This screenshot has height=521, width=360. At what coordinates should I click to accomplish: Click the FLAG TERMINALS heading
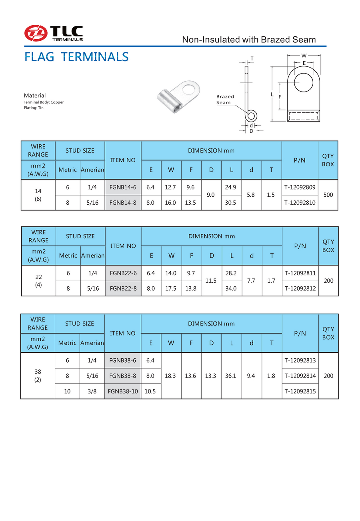(76, 57)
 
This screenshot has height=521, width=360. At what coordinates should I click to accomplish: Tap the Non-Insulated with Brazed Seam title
(249, 40)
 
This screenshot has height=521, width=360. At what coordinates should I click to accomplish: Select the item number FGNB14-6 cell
(123, 187)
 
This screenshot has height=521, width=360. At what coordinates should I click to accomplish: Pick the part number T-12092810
(300, 203)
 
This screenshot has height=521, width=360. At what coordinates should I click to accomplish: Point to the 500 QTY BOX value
(328, 195)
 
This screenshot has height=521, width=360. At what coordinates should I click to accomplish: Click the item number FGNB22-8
(123, 288)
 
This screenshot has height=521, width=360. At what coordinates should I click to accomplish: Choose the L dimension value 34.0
(232, 288)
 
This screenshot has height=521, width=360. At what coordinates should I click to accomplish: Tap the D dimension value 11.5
(211, 281)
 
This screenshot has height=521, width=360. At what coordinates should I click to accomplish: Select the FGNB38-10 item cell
(123, 391)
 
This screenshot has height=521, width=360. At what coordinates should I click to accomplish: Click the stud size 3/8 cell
(92, 391)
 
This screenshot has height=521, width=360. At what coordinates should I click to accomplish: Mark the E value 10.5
(151, 391)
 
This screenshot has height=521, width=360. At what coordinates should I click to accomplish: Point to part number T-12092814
(300, 376)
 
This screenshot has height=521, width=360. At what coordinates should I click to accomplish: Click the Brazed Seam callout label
(225, 100)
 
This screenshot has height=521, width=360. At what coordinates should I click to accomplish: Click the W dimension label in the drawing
(304, 56)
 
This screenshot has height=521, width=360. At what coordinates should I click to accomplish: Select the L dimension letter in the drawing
(272, 94)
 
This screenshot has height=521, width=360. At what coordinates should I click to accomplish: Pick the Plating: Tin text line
(34, 108)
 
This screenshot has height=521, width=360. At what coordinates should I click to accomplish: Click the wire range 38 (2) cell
(38, 376)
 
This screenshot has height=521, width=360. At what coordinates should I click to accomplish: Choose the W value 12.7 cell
(171, 187)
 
